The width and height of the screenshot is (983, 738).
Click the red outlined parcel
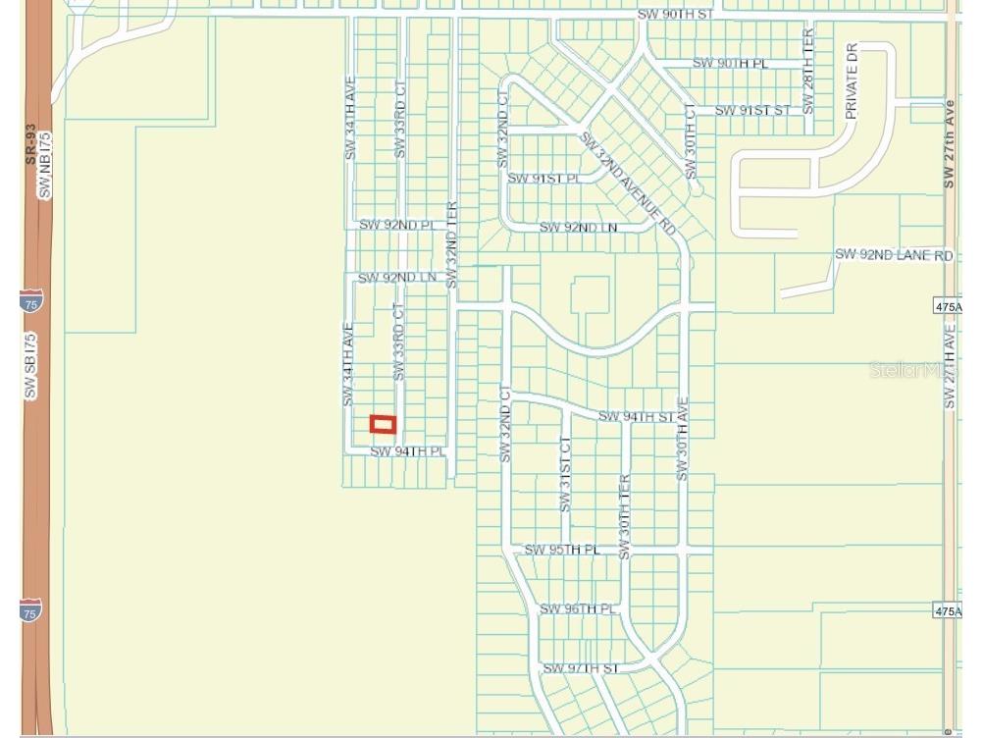383,424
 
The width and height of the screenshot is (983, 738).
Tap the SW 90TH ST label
676,15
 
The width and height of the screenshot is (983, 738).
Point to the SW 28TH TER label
808,70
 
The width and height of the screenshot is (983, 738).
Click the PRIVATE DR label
851,81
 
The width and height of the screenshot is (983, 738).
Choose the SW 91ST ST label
752,110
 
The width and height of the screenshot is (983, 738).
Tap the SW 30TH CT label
691,141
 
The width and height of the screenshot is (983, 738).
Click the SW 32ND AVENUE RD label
629,183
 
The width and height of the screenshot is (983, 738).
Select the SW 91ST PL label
543,179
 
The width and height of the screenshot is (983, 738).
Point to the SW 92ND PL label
396,225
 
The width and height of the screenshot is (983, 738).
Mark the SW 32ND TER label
452,245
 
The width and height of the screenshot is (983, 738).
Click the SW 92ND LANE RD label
894,255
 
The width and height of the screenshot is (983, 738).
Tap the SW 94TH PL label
407,451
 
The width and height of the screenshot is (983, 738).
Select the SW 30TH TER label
624,511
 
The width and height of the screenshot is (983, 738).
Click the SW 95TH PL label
561,550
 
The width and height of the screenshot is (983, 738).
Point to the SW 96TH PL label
578,609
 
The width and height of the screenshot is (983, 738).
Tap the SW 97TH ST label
582,668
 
